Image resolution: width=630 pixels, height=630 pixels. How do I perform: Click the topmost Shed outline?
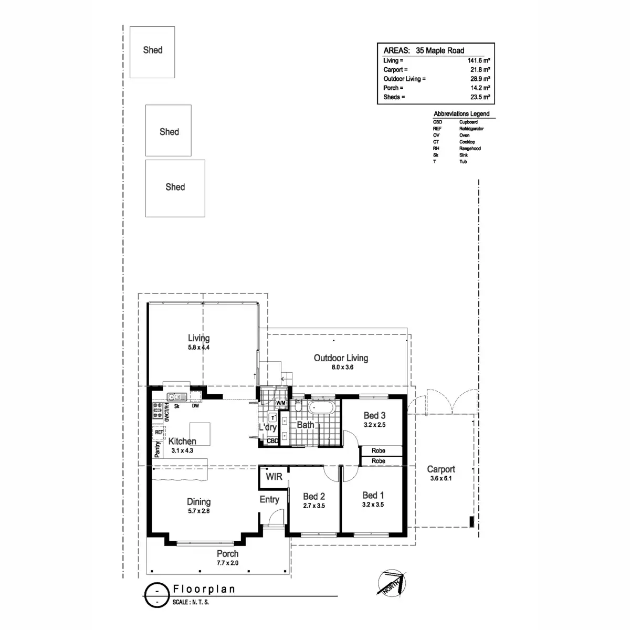pyautogui.click(x=152, y=52)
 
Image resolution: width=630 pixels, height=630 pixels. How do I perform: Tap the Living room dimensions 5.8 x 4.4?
pyautogui.click(x=199, y=348)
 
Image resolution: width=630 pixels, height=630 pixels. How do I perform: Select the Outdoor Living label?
pyautogui.click(x=341, y=358)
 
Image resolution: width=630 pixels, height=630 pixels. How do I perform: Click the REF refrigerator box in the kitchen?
pyautogui.click(x=159, y=433)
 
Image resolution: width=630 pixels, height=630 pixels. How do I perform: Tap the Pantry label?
pyautogui.click(x=157, y=449)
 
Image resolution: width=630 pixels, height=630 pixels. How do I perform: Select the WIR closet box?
pyautogui.click(x=274, y=477)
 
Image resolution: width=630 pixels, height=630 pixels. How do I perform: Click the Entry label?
pyautogui.click(x=269, y=499)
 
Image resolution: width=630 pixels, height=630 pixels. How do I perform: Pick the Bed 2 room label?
pyautogui.click(x=314, y=496)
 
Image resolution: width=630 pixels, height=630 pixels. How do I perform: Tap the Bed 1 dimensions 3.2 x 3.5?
pyautogui.click(x=373, y=505)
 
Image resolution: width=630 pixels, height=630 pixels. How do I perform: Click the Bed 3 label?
pyautogui.click(x=374, y=416)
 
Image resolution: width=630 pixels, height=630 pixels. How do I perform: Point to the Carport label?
pyautogui.click(x=441, y=469)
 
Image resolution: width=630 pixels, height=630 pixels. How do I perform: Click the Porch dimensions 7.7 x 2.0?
pyautogui.click(x=227, y=563)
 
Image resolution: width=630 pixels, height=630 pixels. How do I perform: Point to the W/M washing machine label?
pyautogui.click(x=280, y=403)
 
